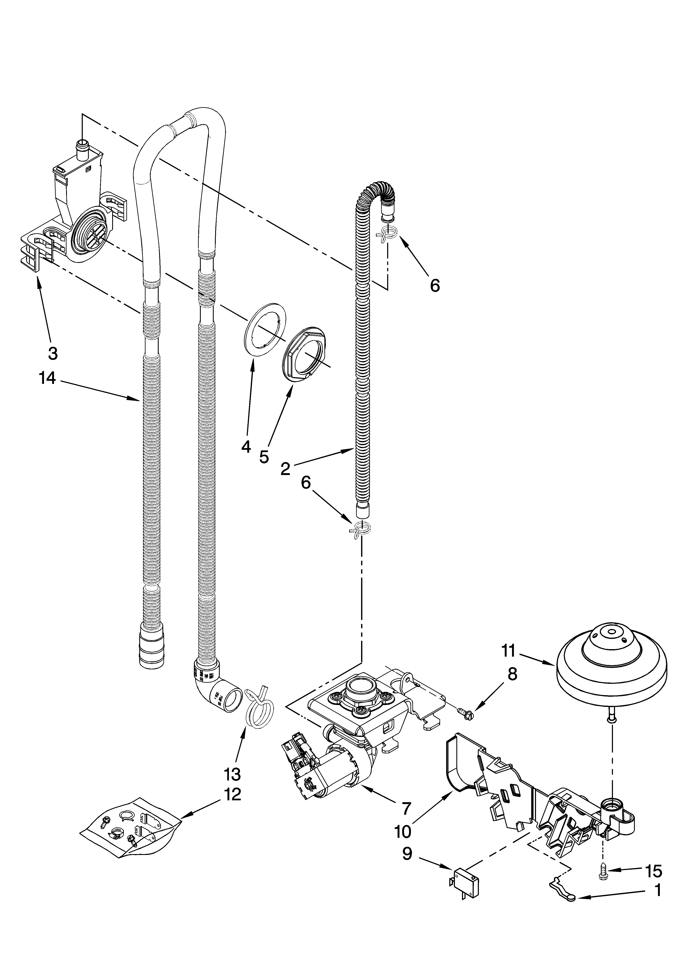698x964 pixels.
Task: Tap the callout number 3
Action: coord(52,352)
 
